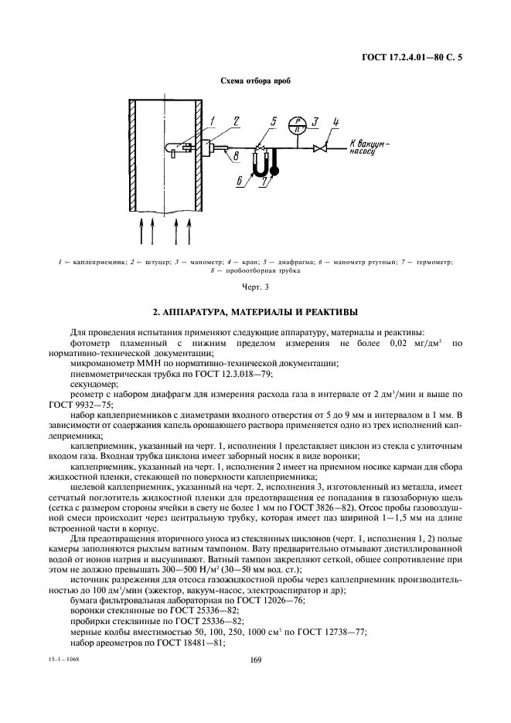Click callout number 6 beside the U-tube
(x=239, y=179)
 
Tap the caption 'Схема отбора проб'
(x=256, y=80)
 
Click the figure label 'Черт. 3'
(x=255, y=287)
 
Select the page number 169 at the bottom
(x=255, y=660)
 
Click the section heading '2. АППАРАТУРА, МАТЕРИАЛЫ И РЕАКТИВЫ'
(x=255, y=313)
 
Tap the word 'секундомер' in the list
(x=94, y=382)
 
